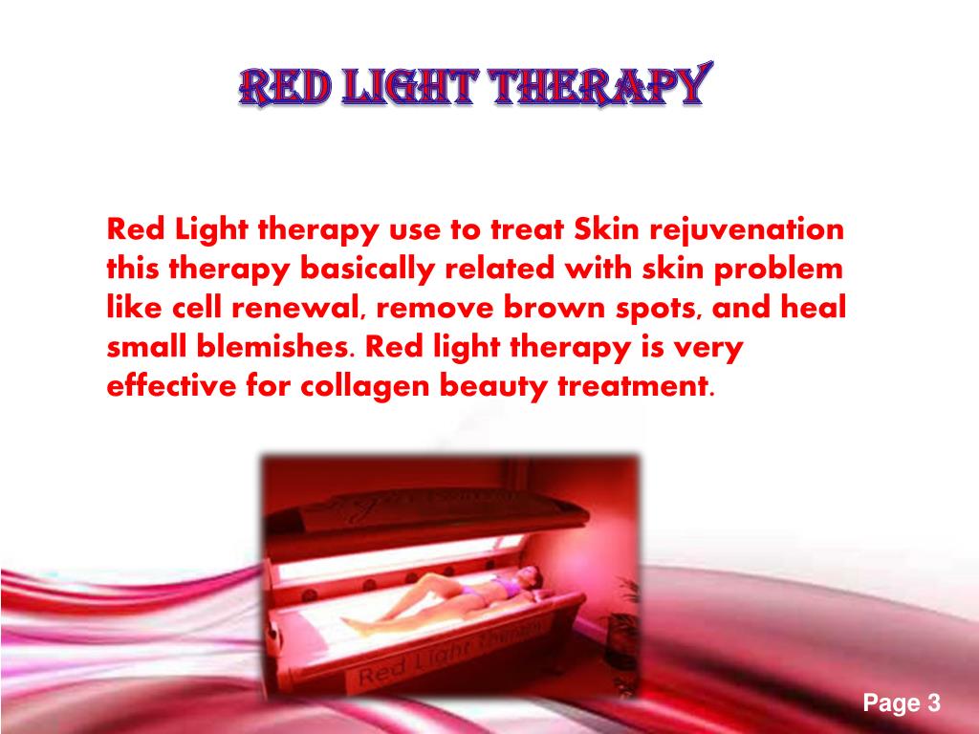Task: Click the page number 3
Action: pos(933,704)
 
